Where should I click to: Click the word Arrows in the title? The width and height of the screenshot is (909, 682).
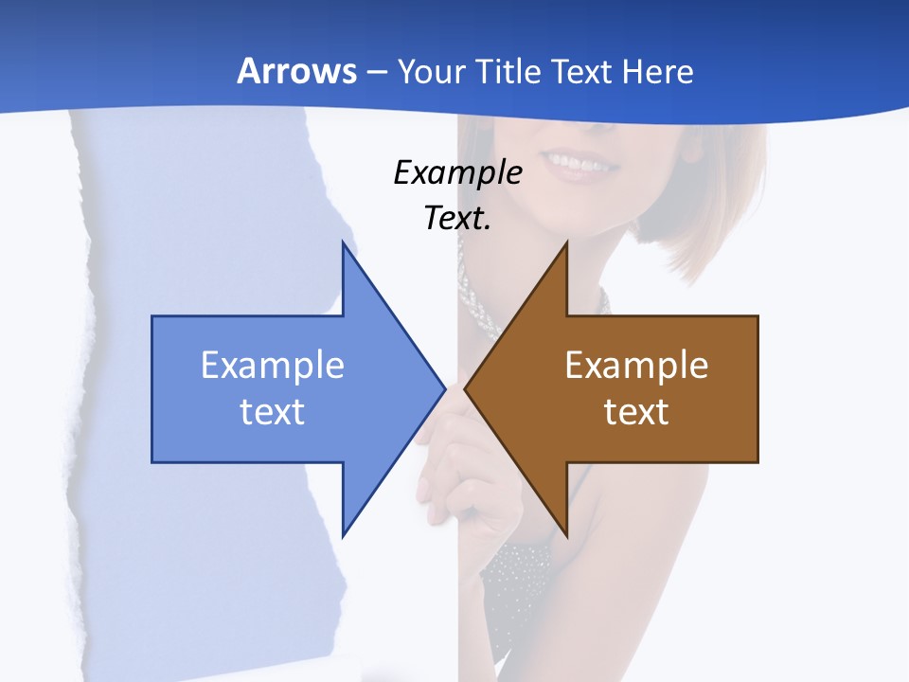point(296,71)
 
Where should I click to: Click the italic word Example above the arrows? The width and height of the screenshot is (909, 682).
point(458,173)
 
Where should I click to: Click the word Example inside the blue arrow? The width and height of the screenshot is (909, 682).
point(273,365)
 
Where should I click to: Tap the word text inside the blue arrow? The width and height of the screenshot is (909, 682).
point(273,411)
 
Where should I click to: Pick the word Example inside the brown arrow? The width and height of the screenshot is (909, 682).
point(636,365)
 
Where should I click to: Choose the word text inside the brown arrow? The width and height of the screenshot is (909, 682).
point(636,411)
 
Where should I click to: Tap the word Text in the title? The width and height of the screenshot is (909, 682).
point(582,71)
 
